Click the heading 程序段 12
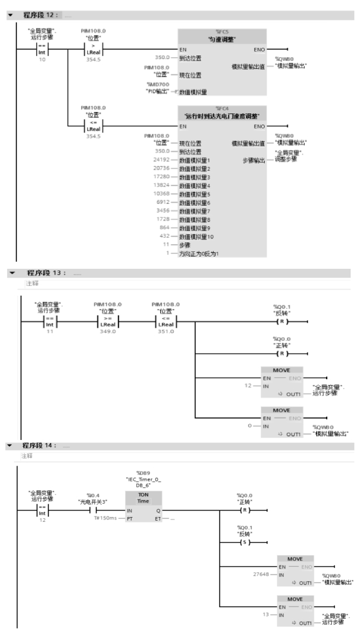click(x=39, y=15)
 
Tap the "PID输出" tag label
click(x=157, y=92)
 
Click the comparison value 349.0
click(x=108, y=331)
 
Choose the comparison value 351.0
click(x=167, y=331)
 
